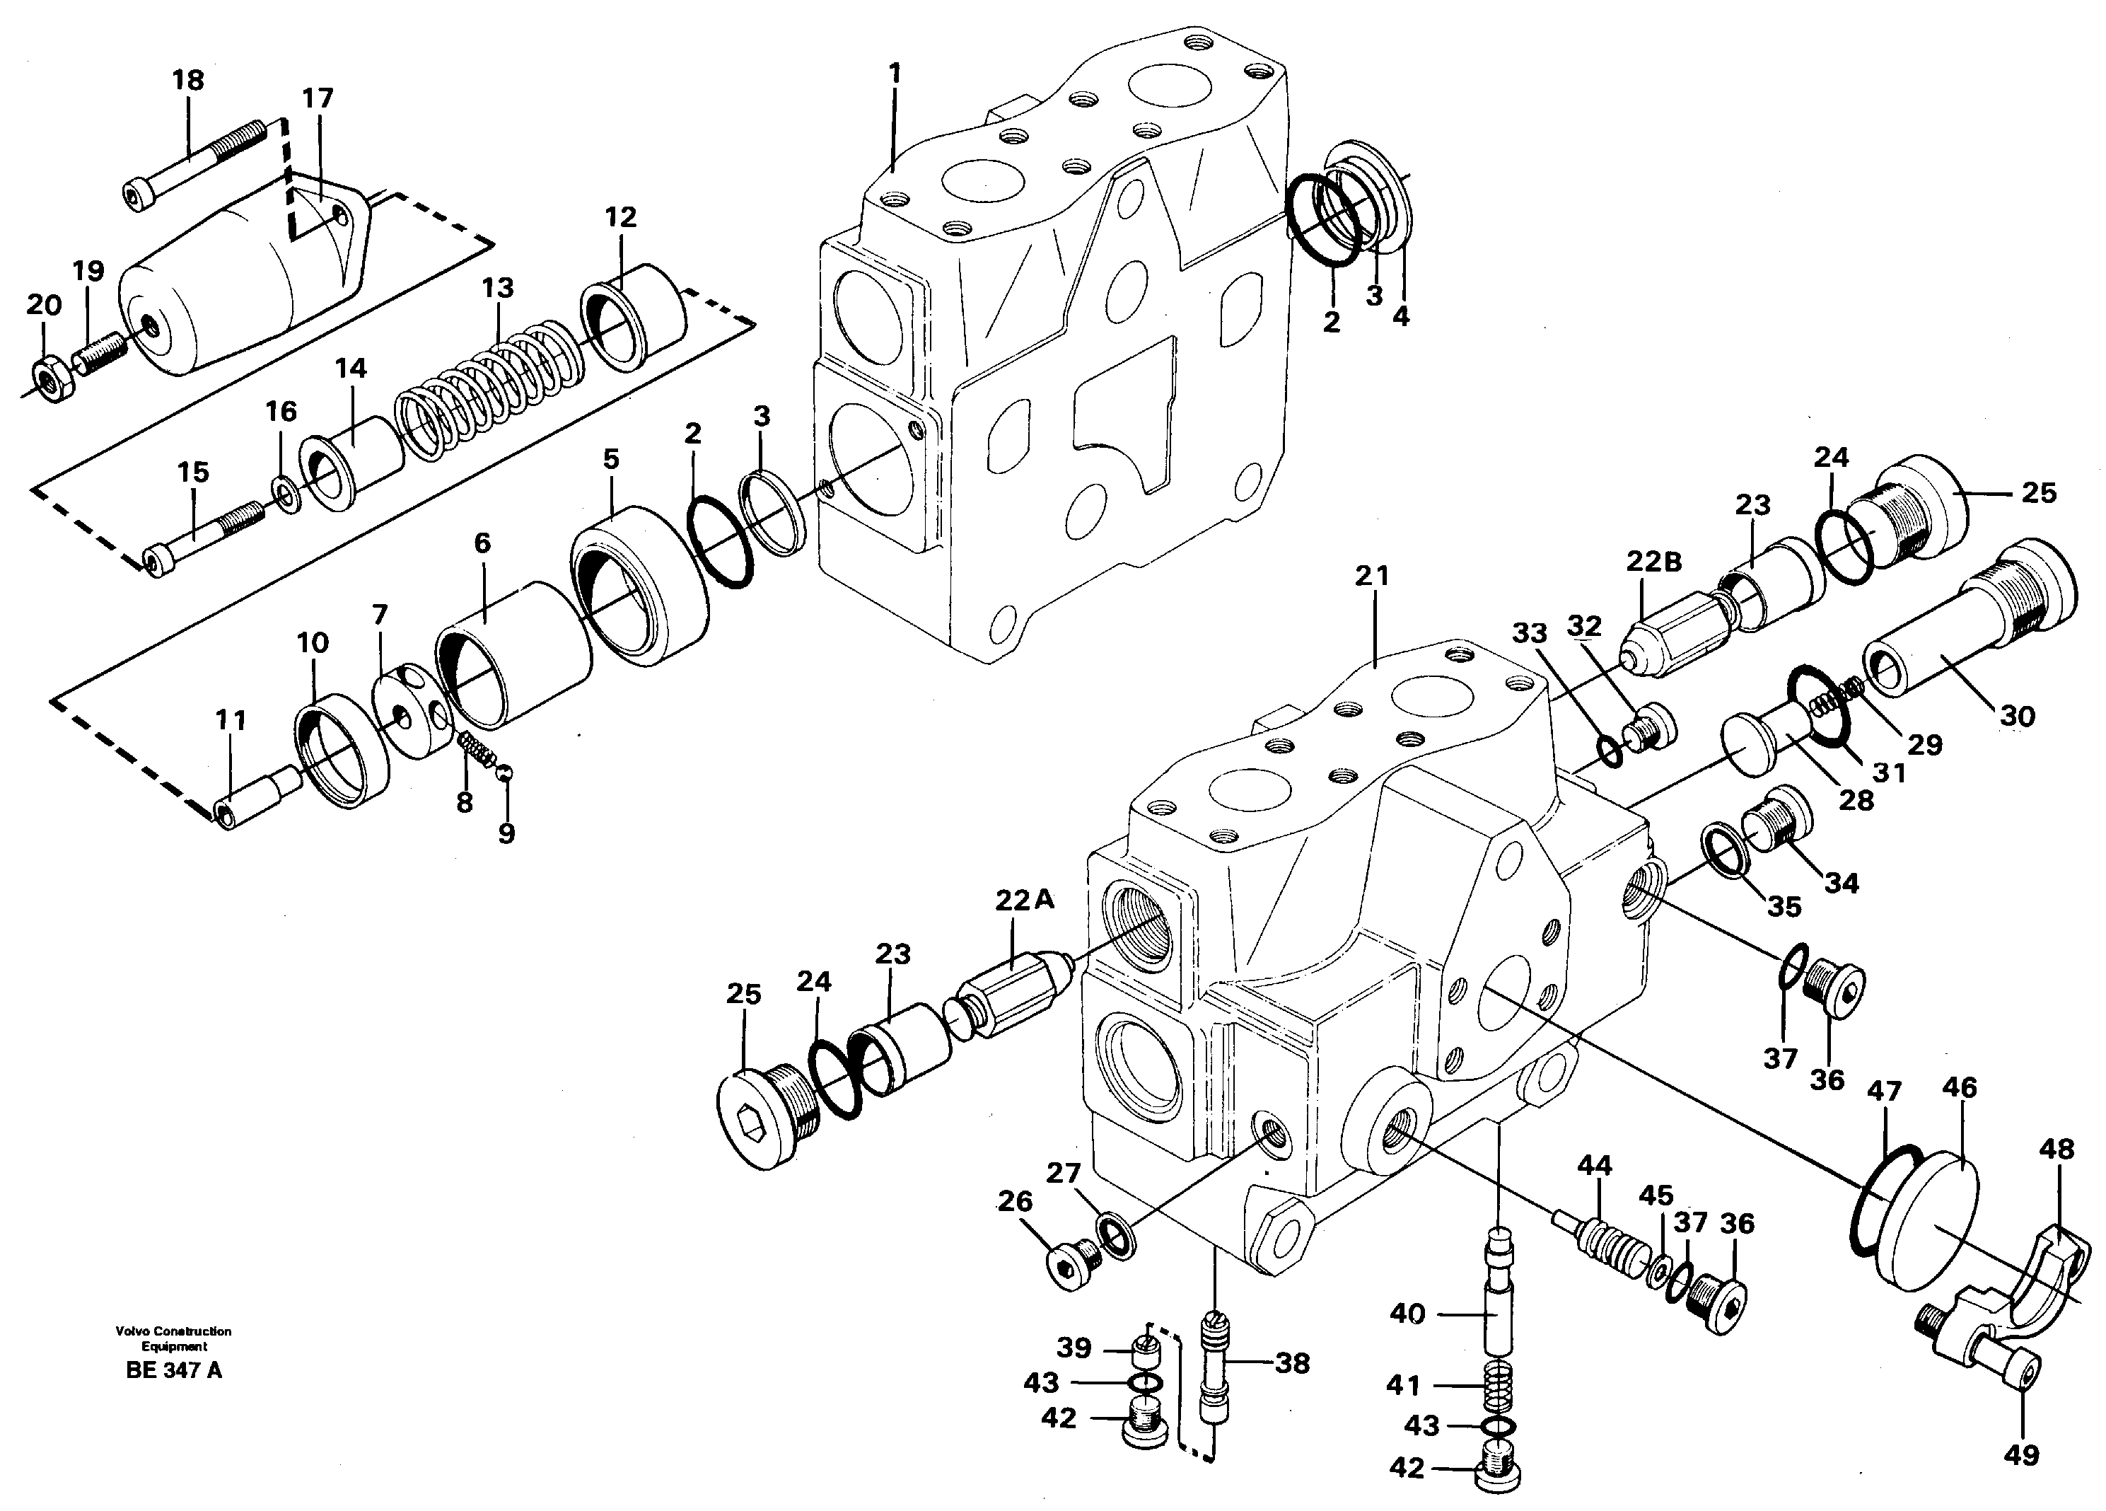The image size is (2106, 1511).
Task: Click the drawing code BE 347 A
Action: (x=174, y=1371)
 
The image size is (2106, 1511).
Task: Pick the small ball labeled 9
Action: (x=504, y=772)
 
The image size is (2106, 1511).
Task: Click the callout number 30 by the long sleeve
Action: (x=2017, y=716)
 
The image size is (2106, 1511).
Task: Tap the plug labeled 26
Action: (x=1070, y=1264)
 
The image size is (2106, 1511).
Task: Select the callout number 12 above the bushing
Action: (x=620, y=217)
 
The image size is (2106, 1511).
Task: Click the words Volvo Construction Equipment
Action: (x=174, y=1338)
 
